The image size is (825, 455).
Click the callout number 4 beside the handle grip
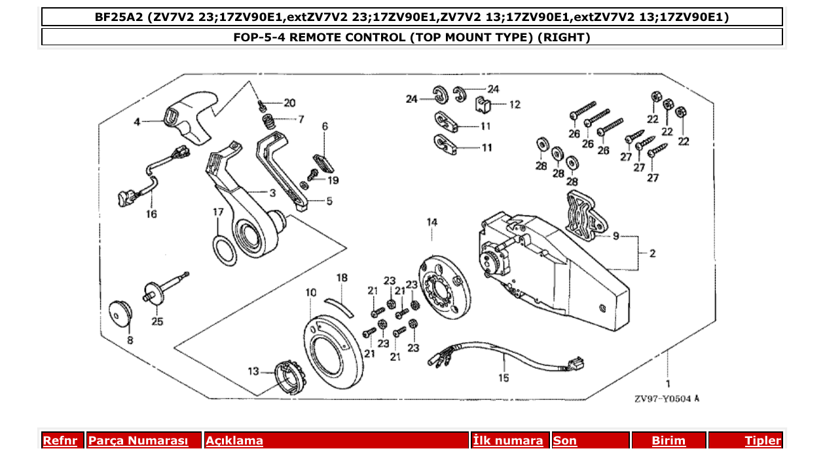[137, 122]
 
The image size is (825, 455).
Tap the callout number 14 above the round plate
[432, 223]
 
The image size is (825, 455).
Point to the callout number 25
[158, 321]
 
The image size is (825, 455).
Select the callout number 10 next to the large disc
[310, 292]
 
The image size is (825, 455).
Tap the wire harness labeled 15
[504, 360]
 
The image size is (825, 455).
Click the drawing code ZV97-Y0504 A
[667, 398]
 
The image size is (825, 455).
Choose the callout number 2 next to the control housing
[652, 252]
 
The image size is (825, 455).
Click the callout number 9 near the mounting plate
[615, 236]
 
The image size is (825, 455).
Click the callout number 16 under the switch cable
[151, 214]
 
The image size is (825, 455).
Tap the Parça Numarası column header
[138, 441]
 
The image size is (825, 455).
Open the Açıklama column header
[234, 441]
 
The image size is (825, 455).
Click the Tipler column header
[763, 441]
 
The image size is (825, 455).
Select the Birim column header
[669, 441]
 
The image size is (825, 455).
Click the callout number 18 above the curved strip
[342, 278]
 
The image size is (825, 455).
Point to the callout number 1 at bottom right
[668, 382]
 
